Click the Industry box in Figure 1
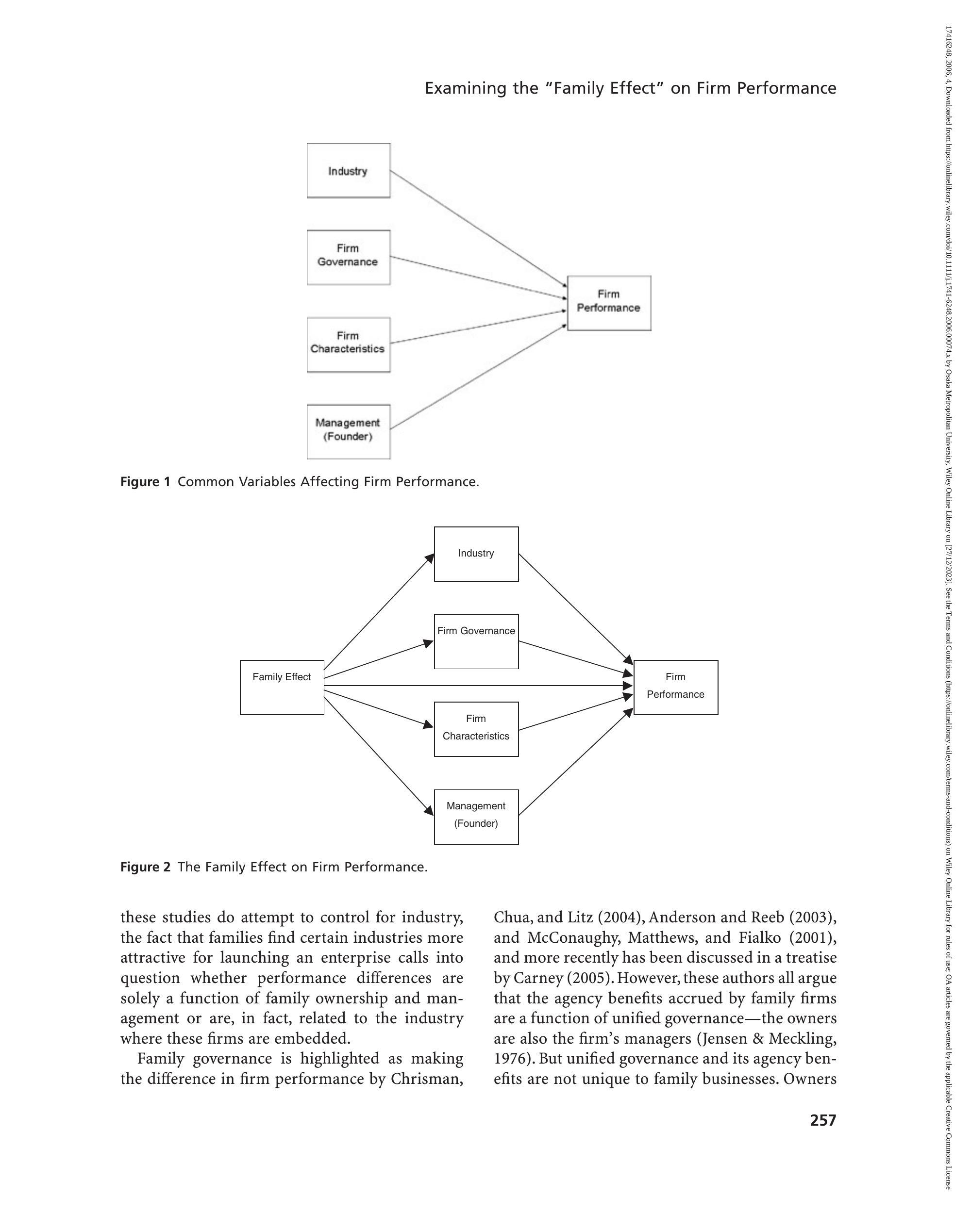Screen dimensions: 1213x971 [349, 170]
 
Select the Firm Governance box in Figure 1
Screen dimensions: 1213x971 [349, 257]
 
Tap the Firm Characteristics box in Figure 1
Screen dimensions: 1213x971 [349, 344]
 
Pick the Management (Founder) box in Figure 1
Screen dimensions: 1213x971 [349, 431]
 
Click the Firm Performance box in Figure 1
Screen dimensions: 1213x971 [609, 303]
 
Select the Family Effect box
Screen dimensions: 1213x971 [282, 687]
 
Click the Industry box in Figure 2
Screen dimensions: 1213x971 [476, 554]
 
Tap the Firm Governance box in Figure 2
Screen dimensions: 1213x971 [476, 641]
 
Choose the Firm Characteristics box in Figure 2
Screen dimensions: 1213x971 [476, 729]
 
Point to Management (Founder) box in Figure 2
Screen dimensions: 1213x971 [476, 817]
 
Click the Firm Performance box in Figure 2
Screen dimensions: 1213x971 [676, 687]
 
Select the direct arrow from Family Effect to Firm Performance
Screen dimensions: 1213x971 [479, 685]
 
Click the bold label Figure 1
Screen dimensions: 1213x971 [145, 482]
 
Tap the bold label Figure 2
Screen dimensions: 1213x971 [145, 867]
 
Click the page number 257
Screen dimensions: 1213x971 [823, 1121]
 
